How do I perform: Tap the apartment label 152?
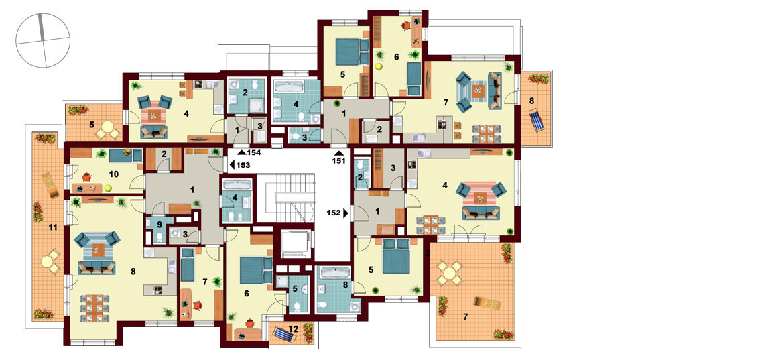point(334,213)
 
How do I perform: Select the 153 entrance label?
point(243,165)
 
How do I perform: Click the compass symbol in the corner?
point(43,40)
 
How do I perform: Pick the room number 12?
point(292,328)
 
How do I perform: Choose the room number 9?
point(160,224)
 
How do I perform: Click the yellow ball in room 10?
point(108,187)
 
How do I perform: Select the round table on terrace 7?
point(449,274)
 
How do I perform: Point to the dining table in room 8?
point(92,308)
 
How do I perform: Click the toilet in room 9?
point(160,238)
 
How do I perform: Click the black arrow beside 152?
point(346,213)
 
